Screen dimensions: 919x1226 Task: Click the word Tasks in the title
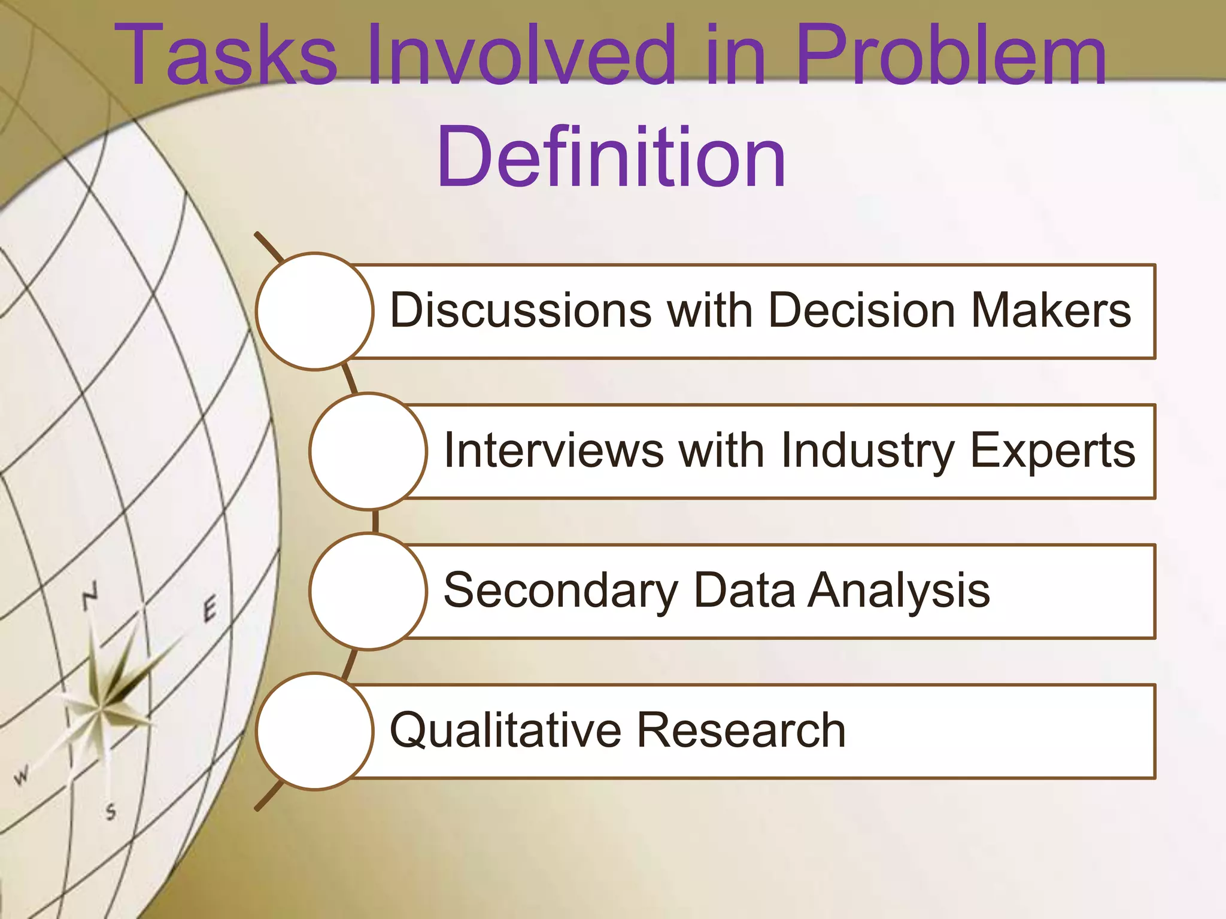(x=226, y=55)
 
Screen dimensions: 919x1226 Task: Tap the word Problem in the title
(x=951, y=55)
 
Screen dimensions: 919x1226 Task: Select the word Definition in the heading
(x=611, y=157)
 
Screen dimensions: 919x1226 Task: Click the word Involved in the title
(x=521, y=55)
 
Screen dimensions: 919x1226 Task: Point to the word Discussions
(x=520, y=311)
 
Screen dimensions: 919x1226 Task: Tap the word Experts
(x=1052, y=451)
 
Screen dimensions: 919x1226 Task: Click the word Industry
(x=868, y=451)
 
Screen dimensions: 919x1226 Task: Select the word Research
(x=741, y=731)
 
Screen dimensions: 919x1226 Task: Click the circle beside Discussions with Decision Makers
(x=315, y=311)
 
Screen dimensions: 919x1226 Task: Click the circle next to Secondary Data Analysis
(x=368, y=591)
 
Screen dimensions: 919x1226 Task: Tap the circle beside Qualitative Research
(x=315, y=731)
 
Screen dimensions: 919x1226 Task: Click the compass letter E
(x=209, y=610)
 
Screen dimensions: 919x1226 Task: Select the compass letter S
(x=111, y=812)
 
